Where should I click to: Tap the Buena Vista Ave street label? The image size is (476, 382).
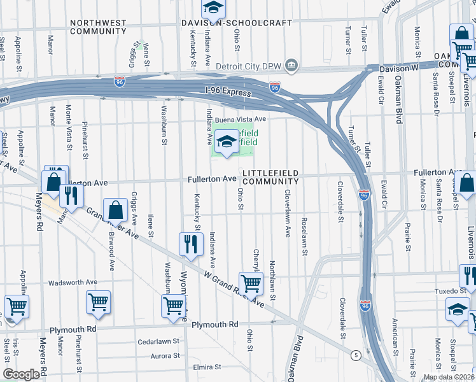[x=240, y=119]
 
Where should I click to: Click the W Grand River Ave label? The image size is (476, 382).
[x=234, y=288]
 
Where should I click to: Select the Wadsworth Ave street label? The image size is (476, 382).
[x=73, y=282]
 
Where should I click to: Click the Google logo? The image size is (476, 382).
[x=21, y=374]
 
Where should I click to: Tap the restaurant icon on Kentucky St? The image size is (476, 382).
[x=191, y=244]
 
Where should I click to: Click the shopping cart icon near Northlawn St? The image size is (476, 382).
[x=251, y=283]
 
